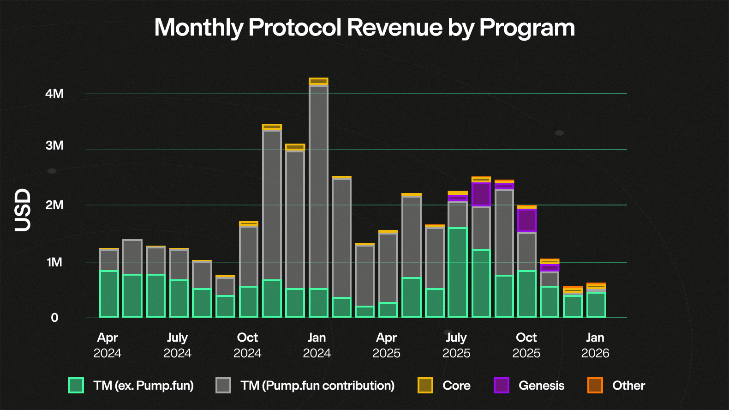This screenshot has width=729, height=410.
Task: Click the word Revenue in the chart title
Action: (394, 27)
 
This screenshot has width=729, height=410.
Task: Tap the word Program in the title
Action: (527, 27)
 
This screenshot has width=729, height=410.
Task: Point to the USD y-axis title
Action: (22, 210)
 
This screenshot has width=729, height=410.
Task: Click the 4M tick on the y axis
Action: (54, 94)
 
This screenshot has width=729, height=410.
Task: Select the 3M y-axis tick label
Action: (54, 145)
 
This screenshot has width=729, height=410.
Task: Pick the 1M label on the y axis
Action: (54, 262)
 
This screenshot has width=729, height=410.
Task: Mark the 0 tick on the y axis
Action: (54, 318)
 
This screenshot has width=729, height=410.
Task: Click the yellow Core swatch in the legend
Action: (425, 385)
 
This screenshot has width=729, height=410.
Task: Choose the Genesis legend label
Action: (541, 385)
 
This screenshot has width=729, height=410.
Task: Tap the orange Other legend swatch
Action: (595, 385)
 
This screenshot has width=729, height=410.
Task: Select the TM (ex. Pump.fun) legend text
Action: (143, 385)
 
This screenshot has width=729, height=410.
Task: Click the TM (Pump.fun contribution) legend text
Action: (317, 385)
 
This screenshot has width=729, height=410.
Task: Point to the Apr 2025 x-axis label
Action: (386, 345)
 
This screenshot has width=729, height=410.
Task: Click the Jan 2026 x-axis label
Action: (595, 345)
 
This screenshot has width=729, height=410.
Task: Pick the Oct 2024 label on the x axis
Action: (247, 345)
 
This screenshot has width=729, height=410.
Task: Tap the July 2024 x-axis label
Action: (177, 345)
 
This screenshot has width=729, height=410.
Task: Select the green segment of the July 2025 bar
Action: (457, 272)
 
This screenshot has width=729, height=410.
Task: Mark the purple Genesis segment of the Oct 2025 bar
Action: (527, 220)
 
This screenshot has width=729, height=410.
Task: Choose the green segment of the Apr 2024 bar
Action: (109, 294)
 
